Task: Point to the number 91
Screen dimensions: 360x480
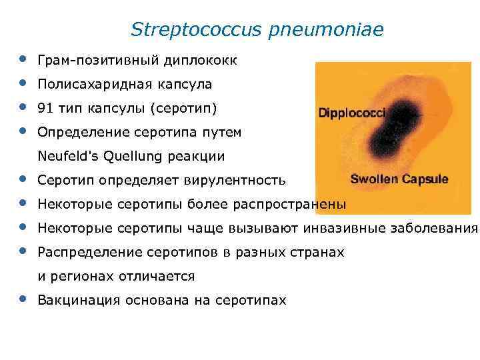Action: (x=46, y=109)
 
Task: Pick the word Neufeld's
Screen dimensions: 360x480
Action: (x=65, y=157)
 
